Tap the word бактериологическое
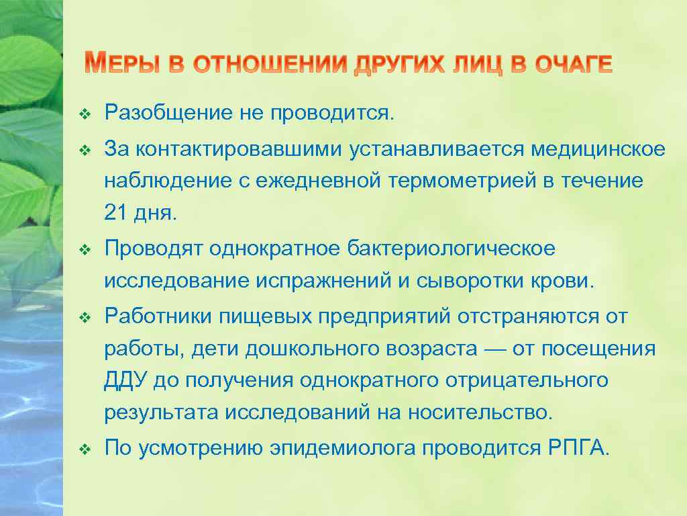click(x=451, y=249)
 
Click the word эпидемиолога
click(x=342, y=448)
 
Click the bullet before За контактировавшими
click(x=84, y=149)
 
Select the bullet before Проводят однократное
click(x=84, y=249)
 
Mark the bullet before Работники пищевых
click(x=84, y=316)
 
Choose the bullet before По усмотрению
click(x=84, y=449)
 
